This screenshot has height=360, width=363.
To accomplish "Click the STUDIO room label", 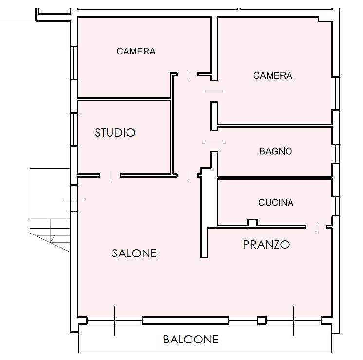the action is (x=115, y=133).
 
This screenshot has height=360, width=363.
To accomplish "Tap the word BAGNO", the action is (x=275, y=151).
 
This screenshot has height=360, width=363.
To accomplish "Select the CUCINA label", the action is (x=276, y=202).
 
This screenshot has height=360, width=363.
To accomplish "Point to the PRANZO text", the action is (x=266, y=245).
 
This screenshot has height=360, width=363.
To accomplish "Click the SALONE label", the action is (x=134, y=253).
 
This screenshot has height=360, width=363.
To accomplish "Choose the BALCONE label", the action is (x=191, y=340).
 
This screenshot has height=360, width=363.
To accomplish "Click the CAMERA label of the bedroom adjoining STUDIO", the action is (x=136, y=51).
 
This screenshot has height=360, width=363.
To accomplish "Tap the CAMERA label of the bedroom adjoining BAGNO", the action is (x=272, y=75).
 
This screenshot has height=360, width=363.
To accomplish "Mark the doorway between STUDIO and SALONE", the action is (x=110, y=175).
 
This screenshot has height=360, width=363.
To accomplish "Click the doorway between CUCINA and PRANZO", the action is (x=316, y=227).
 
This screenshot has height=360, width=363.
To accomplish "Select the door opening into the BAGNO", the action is (x=214, y=141).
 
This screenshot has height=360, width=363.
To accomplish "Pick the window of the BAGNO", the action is (x=336, y=154).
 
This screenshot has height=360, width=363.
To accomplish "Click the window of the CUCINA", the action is (x=336, y=206).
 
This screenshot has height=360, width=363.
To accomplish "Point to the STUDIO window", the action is (x=74, y=129).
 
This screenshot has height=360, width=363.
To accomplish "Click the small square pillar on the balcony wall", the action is (x=262, y=321).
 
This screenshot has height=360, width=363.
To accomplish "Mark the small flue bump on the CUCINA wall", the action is (x=253, y=222).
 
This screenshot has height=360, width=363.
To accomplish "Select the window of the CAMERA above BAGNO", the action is (x=336, y=93).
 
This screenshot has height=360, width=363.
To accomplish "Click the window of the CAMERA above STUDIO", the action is (x=74, y=63).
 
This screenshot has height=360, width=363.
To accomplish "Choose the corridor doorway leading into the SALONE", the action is (x=187, y=175).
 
